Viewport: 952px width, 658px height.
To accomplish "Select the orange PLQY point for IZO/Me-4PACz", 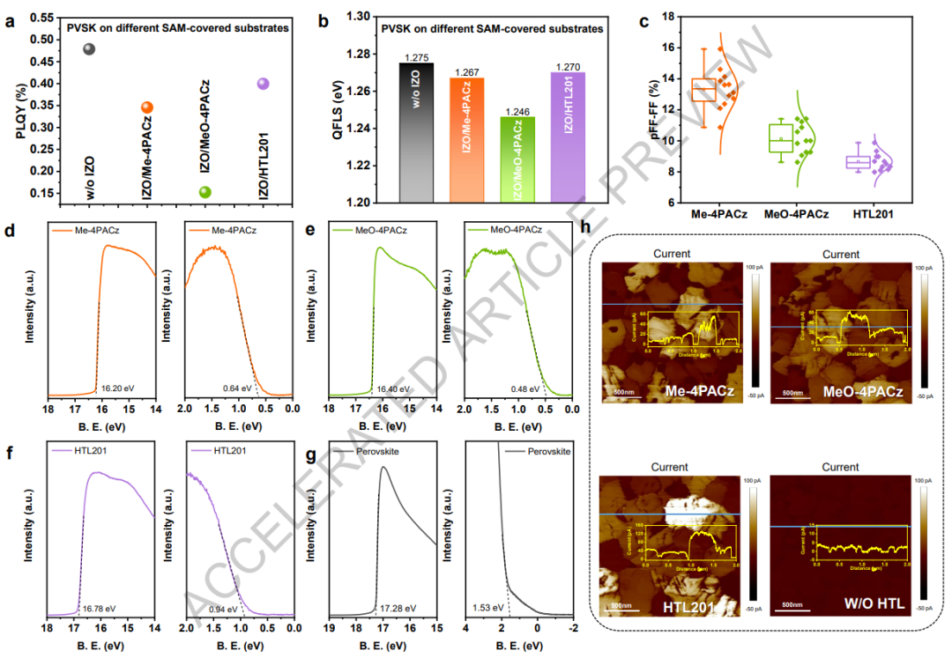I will tap(147, 107).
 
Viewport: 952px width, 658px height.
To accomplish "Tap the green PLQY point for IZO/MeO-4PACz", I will tap(205, 192).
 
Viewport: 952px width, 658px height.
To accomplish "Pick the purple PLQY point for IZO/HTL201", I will tap(263, 84).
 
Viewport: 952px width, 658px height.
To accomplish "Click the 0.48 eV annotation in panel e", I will tap(522, 388).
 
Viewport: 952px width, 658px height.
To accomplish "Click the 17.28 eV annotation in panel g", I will tap(397, 608).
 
